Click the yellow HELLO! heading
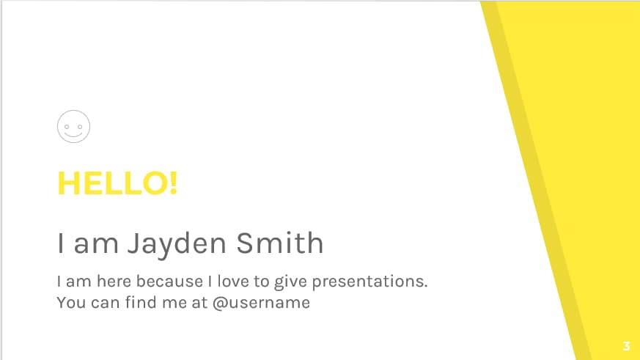click(x=117, y=183)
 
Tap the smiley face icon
click(x=73, y=127)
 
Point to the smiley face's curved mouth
click(x=73, y=134)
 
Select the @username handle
click(x=261, y=302)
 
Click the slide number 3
click(x=626, y=346)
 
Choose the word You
click(x=70, y=302)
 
